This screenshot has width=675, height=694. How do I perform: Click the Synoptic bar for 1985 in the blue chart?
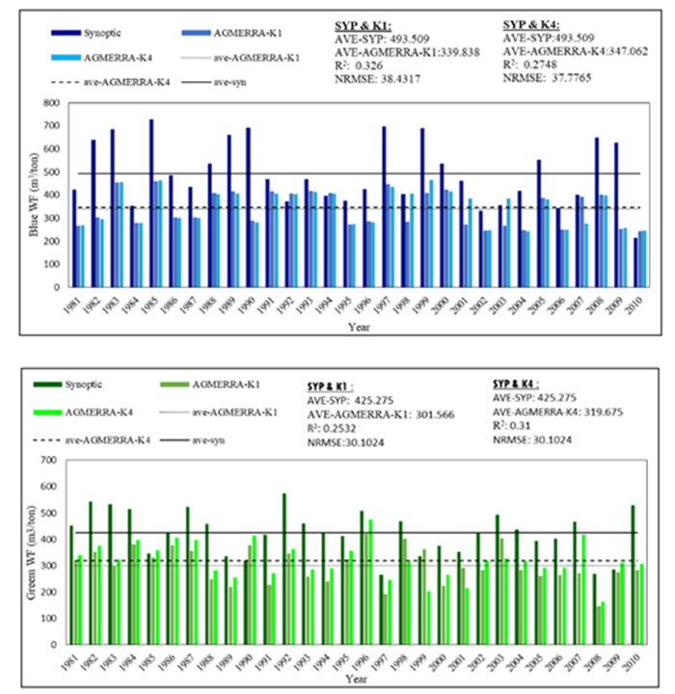click(150, 202)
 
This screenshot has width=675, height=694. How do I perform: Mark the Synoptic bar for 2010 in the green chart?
click(632, 570)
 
